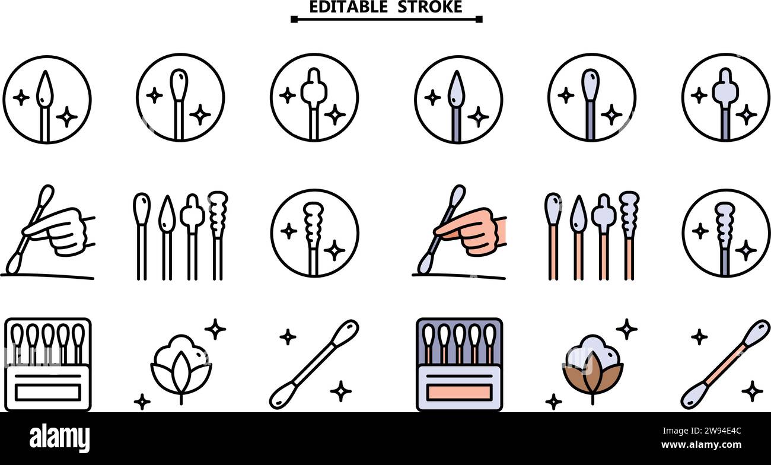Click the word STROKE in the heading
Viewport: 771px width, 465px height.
[430, 7]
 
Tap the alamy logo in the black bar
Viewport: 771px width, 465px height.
[60, 438]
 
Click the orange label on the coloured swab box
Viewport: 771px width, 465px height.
[460, 392]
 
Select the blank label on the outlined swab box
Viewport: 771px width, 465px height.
[47, 392]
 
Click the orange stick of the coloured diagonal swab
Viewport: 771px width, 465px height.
[725, 361]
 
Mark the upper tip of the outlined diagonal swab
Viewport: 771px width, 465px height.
[345, 330]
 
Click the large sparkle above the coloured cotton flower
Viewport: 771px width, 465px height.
[626, 329]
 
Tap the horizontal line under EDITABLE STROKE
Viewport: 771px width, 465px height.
[386, 19]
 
